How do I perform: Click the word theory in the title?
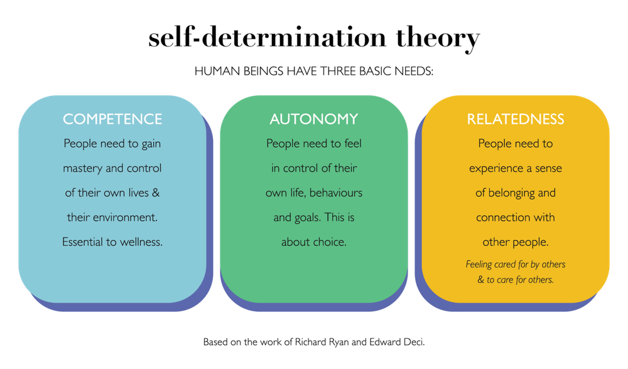point(438,38)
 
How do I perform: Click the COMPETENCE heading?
point(112,119)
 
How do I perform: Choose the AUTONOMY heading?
point(314,119)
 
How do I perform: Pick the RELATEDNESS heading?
point(516,119)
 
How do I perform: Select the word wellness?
point(141,242)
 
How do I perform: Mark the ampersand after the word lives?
point(155,193)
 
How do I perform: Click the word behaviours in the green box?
point(336,193)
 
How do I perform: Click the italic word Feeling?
point(479,265)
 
